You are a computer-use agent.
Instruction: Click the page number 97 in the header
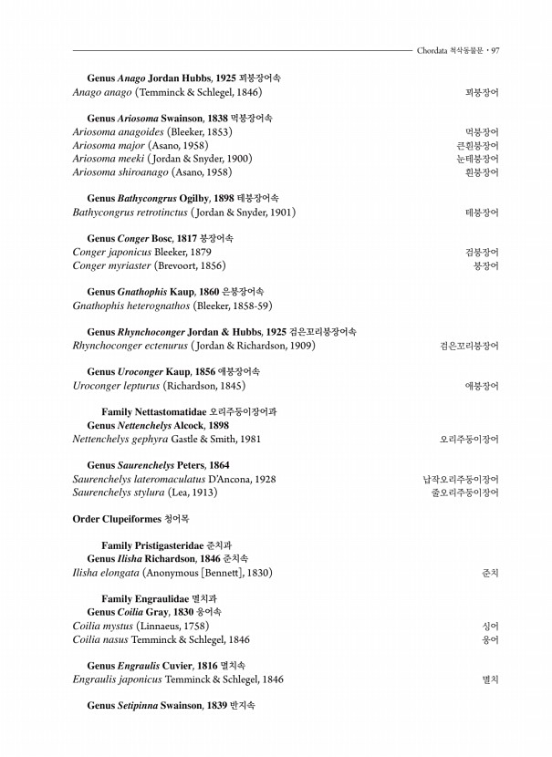[x=495, y=50]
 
